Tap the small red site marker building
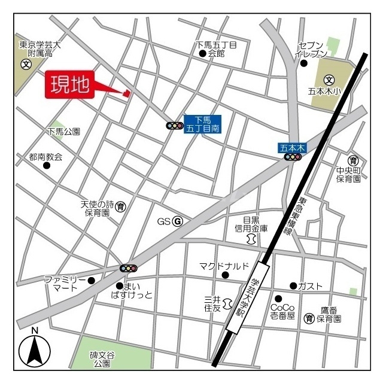click(126, 93)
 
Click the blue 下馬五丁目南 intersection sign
click(202, 124)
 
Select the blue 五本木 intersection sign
click(293, 147)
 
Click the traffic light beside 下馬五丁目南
click(175, 126)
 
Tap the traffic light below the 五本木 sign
click(293, 157)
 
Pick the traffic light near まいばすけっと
click(129, 268)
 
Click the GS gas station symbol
click(177, 221)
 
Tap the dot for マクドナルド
click(225, 275)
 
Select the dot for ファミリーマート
click(91, 280)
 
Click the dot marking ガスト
click(293, 285)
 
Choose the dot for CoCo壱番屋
click(278, 299)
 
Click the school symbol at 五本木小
click(329, 80)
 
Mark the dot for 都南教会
click(46, 166)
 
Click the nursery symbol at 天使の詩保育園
click(120, 207)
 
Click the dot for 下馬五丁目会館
click(202, 53)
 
